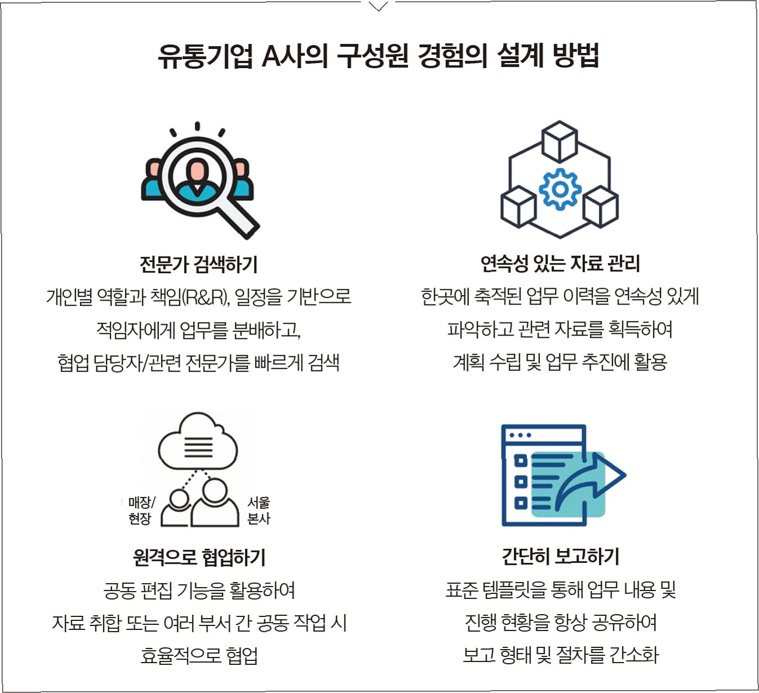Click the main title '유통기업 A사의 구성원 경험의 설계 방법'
pyautogui.click(x=378, y=56)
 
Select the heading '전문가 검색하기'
pyautogui.click(x=199, y=263)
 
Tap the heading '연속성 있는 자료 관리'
pyautogui.click(x=560, y=263)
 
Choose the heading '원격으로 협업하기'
pyautogui.click(x=199, y=557)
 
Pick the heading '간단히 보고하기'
pyautogui.click(x=560, y=556)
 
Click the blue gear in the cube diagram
pyautogui.click(x=560, y=189)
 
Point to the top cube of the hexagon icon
pyautogui.click(x=559, y=140)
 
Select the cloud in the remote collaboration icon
pyautogui.click(x=198, y=442)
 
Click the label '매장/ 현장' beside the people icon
pyautogui.click(x=140, y=510)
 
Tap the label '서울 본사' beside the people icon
pyautogui.click(x=258, y=510)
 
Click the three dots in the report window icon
pyautogui.click(x=520, y=435)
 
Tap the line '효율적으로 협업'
pyautogui.click(x=199, y=655)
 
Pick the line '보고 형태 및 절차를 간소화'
pyautogui.click(x=560, y=655)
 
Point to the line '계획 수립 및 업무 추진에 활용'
pyautogui.click(x=560, y=361)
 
